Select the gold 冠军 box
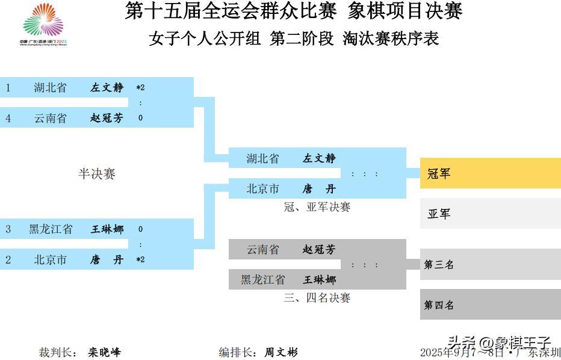490,173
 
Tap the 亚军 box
490,214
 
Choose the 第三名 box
490,264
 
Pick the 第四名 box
490,305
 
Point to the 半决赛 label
96,174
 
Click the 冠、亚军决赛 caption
317,207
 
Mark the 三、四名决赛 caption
317,298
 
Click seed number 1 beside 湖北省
8,87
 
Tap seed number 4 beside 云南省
8,118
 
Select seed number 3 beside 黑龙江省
8,229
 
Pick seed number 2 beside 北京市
8,260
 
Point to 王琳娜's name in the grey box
319,280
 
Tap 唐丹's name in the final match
319,189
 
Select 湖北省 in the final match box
262,159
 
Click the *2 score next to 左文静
140,87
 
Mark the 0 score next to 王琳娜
140,229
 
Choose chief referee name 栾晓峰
105,352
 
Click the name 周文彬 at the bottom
281,352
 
